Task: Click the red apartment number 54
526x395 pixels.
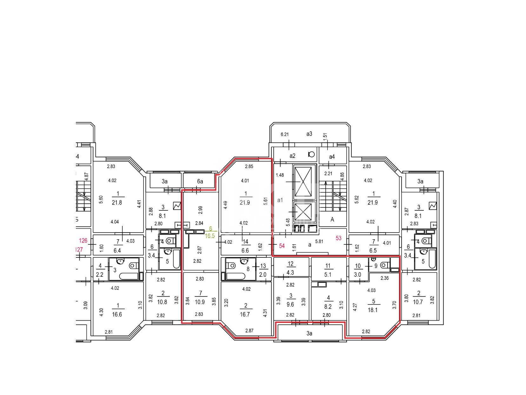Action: [x=282, y=246]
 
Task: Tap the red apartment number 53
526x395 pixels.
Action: [x=338, y=238]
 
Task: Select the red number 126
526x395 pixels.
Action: [x=83, y=240]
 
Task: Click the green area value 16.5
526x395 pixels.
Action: [x=210, y=236]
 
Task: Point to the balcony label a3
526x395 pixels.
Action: [x=309, y=134]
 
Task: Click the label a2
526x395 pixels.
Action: [x=292, y=156]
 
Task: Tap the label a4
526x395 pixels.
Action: [x=332, y=157]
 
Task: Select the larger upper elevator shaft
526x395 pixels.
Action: [x=303, y=182]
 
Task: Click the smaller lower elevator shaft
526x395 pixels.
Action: [x=303, y=212]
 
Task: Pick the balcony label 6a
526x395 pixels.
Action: [x=200, y=181]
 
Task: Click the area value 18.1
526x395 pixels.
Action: [x=373, y=310]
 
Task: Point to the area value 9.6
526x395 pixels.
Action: [x=290, y=304]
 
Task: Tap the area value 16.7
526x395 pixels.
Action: [x=245, y=314]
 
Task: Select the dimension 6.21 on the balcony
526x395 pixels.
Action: [x=285, y=134]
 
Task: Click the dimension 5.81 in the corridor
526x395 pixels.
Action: [x=319, y=242]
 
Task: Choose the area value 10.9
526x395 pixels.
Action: [x=200, y=302]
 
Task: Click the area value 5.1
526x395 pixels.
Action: [x=328, y=274]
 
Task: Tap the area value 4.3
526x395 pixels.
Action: [x=290, y=272]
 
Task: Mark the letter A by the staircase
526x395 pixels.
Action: [x=332, y=220]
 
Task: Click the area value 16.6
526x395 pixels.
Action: [x=117, y=314]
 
